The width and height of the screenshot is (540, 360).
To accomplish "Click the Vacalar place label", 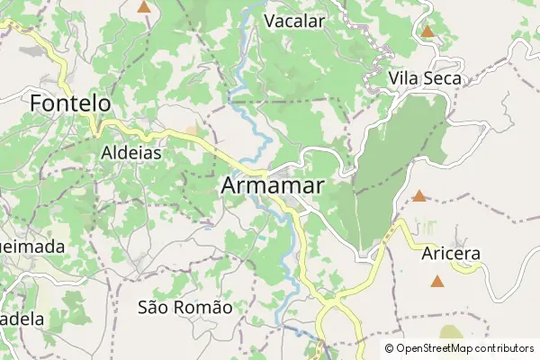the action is pyautogui.click(x=294, y=20).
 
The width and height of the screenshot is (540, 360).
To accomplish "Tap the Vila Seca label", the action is pyautogui.click(x=425, y=79).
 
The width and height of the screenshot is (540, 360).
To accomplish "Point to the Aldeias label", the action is pyautogui.click(x=131, y=153).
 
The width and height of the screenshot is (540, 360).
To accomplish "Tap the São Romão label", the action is pyautogui.click(x=185, y=307).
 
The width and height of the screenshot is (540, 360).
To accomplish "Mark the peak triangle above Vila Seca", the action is pyautogui.click(x=427, y=32).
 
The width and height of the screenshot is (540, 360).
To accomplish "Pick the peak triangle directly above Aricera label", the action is pyautogui.click(x=418, y=195).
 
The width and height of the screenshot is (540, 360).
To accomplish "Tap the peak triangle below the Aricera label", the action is pyautogui.click(x=436, y=282).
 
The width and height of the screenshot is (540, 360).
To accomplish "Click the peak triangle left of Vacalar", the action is pyautogui.click(x=144, y=6).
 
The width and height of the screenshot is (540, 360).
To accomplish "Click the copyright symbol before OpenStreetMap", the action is pyautogui.click(x=390, y=348).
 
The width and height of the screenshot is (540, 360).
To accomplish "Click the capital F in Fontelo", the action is pyautogui.click(x=37, y=104).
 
